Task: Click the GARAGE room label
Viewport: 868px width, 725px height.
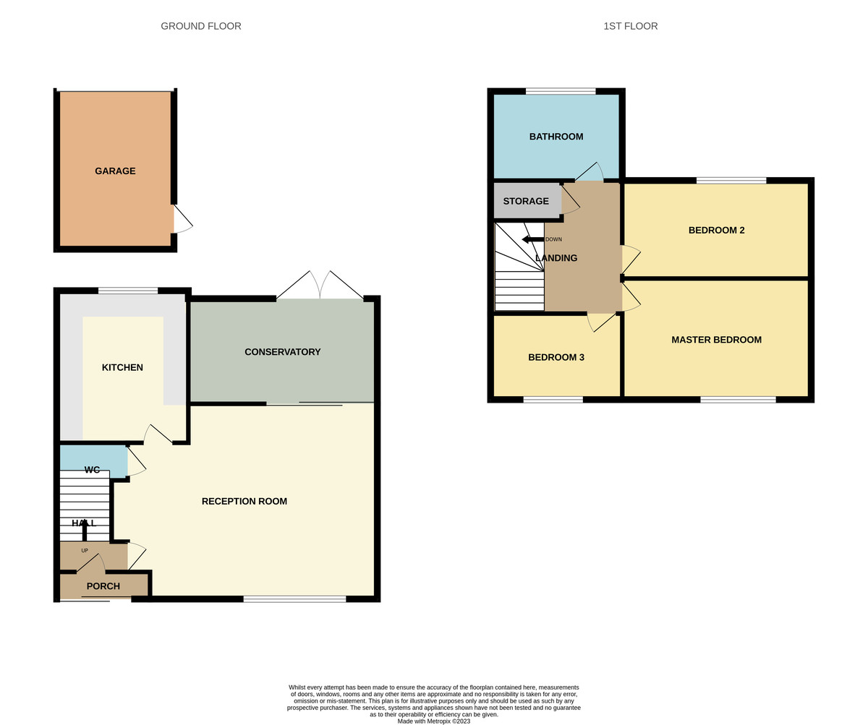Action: point(115,171)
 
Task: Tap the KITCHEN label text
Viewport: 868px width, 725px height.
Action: point(122,367)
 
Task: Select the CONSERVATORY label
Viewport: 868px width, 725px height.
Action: point(282,352)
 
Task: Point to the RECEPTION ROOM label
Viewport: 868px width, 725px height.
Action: point(244,501)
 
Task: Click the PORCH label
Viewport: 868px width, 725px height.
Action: point(103,586)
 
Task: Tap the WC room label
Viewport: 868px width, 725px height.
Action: point(92,470)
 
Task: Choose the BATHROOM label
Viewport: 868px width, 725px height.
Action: point(556,137)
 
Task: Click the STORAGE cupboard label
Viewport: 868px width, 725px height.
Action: point(526,202)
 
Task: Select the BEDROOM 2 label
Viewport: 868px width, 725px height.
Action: point(716,231)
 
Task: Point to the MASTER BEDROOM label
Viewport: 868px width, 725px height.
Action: point(716,340)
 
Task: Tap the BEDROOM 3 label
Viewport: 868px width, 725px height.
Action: point(556,357)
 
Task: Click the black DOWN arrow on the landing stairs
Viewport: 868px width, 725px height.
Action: point(532,239)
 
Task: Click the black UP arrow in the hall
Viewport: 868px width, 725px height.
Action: point(85,530)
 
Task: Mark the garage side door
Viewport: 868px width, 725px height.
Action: point(182,218)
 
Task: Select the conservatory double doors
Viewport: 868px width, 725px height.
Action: point(320,286)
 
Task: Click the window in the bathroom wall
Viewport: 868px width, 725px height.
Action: point(561,91)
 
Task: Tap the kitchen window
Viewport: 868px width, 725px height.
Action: point(128,291)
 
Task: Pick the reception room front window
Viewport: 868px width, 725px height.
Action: point(294,599)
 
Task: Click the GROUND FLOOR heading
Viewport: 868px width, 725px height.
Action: point(201,26)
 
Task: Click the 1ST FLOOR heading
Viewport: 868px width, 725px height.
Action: point(630,26)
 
